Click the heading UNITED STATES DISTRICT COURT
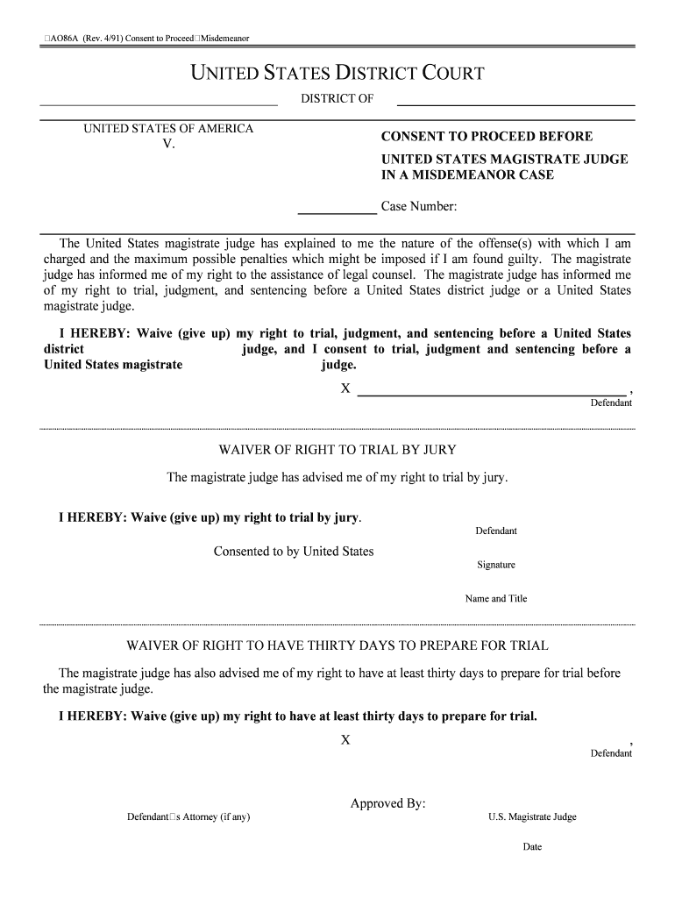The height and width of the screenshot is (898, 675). coord(337,74)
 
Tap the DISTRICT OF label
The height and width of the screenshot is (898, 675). coord(337,99)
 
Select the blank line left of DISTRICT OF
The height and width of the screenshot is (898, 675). coord(159,104)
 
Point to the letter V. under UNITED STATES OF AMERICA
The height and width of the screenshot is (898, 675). coord(168,145)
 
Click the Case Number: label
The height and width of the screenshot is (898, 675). coord(419,207)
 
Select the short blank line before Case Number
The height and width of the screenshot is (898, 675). coord(337,213)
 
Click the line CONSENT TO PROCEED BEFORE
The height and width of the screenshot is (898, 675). coord(487,137)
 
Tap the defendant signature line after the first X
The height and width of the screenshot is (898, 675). coord(494,396)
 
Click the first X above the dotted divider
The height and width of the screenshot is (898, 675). coord(346,388)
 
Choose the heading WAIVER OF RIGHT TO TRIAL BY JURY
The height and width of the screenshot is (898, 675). coord(337,450)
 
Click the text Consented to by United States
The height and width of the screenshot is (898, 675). coord(294,552)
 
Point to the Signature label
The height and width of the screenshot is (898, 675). coord(496,565)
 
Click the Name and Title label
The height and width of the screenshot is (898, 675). coord(496,599)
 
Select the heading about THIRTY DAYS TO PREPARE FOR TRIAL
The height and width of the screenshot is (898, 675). coord(337,646)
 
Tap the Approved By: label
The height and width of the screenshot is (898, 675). coord(388,803)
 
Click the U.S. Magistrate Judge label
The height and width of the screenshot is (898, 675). coord(532,817)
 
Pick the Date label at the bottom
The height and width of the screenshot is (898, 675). coord(532,847)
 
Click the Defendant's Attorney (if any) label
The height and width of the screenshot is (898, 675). coord(188,817)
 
